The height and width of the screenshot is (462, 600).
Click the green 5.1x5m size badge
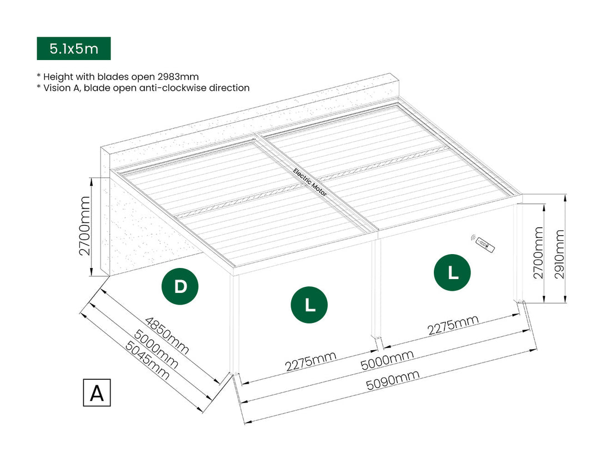(x=73, y=48)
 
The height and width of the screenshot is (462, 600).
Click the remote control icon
(x=483, y=242)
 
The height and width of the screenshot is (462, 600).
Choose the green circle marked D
(x=180, y=287)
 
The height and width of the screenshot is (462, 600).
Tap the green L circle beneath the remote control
(x=452, y=272)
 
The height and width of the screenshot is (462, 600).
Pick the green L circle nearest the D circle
(x=309, y=304)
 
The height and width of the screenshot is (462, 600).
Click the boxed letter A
(x=97, y=393)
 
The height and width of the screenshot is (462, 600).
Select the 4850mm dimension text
(x=166, y=336)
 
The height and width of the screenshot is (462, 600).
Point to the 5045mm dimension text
(x=147, y=360)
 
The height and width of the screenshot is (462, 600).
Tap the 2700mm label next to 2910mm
(x=538, y=252)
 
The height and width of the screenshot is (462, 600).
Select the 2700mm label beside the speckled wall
(x=84, y=225)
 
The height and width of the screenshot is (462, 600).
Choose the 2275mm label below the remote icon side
(x=453, y=326)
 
